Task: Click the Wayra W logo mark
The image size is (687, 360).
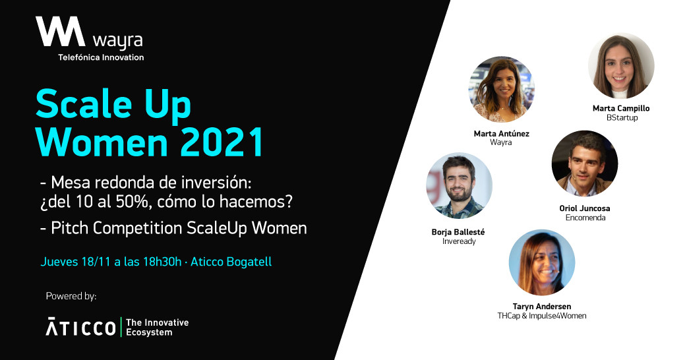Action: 61,32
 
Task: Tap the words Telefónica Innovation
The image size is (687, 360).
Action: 102,57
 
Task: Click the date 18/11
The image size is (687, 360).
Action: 96,262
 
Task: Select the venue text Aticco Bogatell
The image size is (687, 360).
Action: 231,262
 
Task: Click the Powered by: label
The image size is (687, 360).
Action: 71,296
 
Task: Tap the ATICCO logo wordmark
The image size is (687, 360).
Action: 81,327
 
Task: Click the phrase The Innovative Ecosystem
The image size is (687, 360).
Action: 158,327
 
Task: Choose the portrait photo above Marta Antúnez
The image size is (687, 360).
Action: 502,90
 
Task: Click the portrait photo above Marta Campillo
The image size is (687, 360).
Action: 621,66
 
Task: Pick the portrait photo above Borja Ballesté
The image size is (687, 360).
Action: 459,186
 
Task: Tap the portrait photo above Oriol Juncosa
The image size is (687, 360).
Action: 585,164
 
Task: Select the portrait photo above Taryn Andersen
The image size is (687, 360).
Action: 542,262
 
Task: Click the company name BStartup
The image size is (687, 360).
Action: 622,118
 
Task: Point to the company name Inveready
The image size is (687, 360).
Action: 459,241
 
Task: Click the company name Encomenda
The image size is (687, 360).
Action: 585,218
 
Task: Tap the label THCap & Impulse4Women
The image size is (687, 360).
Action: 541,316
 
